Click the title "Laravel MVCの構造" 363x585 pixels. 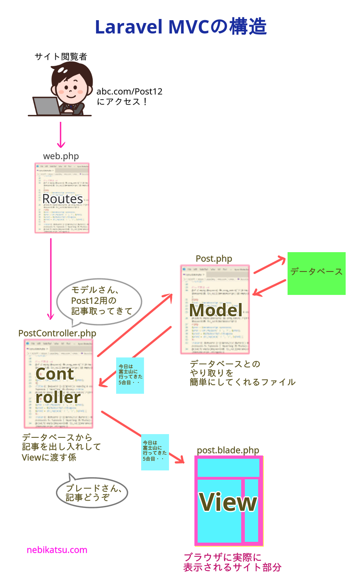181,27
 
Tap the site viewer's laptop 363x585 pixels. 46,106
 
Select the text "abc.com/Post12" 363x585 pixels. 129,92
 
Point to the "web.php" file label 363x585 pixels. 61,156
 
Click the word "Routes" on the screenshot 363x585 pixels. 63,199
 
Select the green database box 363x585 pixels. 316,273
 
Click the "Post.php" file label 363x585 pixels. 214,259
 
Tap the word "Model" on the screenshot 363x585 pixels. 216,310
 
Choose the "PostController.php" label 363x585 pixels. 57,333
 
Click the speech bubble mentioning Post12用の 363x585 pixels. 100,301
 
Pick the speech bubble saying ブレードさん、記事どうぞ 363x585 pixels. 92,493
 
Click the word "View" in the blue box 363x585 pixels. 228,502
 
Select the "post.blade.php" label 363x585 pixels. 228,450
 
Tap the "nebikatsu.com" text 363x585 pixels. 57,550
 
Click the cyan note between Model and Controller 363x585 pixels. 130,375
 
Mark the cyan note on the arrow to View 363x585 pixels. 155,452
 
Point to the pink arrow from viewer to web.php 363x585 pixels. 61,135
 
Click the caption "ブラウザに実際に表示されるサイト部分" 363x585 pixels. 232,562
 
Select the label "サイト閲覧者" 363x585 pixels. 60,57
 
